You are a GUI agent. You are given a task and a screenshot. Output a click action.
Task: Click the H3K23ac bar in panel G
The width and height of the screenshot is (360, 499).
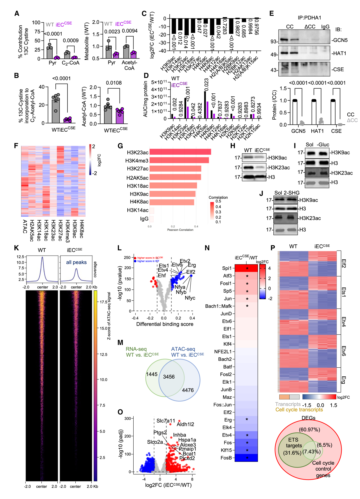click(180, 152)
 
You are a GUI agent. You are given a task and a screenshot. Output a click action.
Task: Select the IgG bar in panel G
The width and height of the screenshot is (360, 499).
click(152, 219)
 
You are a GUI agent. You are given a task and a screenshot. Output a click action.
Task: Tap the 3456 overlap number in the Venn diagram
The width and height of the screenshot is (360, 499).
click(169, 377)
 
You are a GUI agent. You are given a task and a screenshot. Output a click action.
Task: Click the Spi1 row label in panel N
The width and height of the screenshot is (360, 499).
click(227, 268)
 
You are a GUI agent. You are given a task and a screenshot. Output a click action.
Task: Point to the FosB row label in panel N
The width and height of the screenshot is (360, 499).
click(226, 458)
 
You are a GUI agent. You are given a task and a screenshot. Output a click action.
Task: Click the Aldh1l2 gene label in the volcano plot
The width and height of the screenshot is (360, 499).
click(185, 424)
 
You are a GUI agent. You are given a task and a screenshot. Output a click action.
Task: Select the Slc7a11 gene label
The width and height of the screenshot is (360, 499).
click(166, 421)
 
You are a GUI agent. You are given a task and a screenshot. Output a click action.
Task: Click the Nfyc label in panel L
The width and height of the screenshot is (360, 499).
click(190, 298)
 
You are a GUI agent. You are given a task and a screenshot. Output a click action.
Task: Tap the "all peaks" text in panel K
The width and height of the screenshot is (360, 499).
click(76, 262)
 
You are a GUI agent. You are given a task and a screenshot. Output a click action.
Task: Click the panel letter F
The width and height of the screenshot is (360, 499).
click(16, 146)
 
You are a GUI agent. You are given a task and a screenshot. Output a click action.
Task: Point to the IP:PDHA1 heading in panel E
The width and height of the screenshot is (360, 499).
click(309, 18)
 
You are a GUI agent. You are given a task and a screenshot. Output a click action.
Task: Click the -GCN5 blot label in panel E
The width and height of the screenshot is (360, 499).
click(339, 40)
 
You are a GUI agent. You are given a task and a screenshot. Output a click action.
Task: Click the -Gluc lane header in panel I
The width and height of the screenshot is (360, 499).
click(323, 145)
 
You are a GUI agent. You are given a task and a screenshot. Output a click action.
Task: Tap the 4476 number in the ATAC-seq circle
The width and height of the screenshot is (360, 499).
click(188, 390)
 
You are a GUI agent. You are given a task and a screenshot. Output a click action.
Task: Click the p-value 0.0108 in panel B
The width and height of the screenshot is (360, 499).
click(114, 83)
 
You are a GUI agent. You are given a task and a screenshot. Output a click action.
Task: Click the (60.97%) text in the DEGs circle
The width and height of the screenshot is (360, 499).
click(309, 430)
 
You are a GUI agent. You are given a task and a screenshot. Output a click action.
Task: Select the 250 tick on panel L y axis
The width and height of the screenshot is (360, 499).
click(127, 257)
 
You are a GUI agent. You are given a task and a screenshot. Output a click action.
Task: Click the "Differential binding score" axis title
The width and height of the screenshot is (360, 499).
click(165, 324)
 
